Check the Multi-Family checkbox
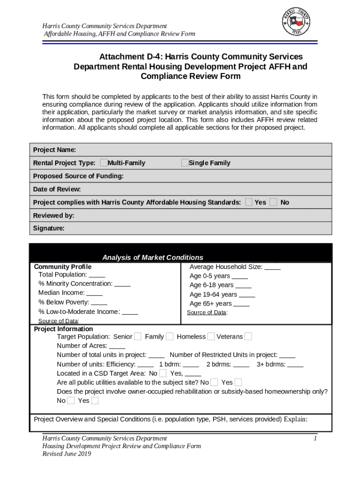click(103, 163)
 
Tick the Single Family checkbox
click(185, 163)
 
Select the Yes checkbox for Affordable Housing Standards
click(249, 202)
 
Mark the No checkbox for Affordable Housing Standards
click(274, 202)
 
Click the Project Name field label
click(54, 150)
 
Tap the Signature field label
click(49, 228)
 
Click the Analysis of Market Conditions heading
click(152, 257)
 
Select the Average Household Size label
click(225, 267)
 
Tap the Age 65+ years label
click(210, 304)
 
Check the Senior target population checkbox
click(138, 336)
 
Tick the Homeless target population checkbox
click(211, 336)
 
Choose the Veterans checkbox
click(248, 336)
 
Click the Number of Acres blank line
click(117, 347)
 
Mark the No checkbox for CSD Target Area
click(163, 373)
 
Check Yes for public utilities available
click(238, 382)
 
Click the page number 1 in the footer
click(316, 439)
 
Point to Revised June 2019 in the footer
click(66, 454)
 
